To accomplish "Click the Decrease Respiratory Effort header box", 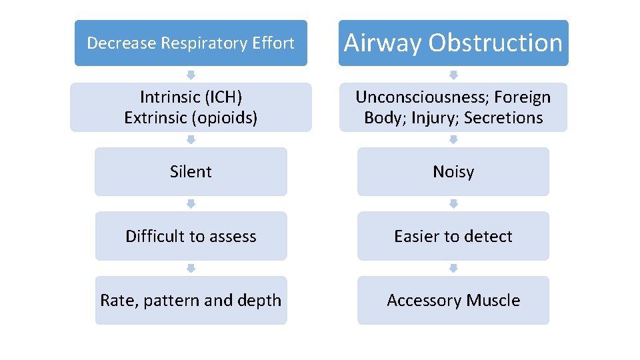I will pyautogui.click(x=191, y=43).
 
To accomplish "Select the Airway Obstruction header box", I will pyautogui.click(x=453, y=43).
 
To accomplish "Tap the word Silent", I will pyautogui.click(x=191, y=172).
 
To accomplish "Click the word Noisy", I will pyautogui.click(x=453, y=172).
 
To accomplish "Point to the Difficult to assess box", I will pyautogui.click(x=191, y=236).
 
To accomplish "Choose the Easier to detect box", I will pyautogui.click(x=453, y=236).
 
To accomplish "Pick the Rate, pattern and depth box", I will pyautogui.click(x=191, y=301).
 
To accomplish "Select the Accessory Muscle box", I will pyautogui.click(x=453, y=301).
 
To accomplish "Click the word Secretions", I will pyautogui.click(x=503, y=118).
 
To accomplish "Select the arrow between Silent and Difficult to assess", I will pyautogui.click(x=191, y=204).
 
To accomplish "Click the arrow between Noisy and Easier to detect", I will pyautogui.click(x=453, y=204).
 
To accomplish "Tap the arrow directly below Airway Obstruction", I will pyautogui.click(x=453, y=75).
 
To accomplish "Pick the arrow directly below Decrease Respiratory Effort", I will pyautogui.click(x=191, y=75).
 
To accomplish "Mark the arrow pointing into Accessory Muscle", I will pyautogui.click(x=453, y=268).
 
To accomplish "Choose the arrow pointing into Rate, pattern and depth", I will pyautogui.click(x=191, y=268).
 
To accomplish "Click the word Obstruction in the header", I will pyautogui.click(x=495, y=43).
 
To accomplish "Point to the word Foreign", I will pyautogui.click(x=523, y=97).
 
